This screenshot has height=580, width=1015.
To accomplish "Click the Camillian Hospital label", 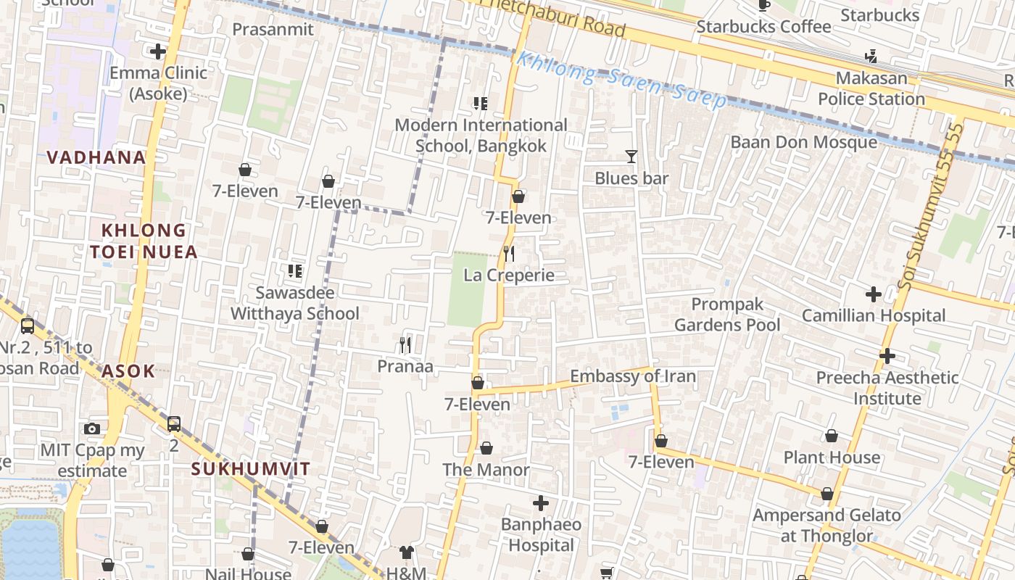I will click(873, 315).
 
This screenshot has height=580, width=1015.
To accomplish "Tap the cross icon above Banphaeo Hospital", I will click(540, 503).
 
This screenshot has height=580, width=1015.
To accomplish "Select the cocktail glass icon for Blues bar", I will click(631, 156).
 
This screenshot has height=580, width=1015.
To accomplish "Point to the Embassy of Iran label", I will click(632, 376).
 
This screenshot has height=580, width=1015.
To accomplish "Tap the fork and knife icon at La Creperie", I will click(509, 254).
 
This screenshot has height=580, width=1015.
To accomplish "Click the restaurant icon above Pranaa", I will click(405, 345).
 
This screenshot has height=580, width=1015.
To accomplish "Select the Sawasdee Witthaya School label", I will click(294, 303).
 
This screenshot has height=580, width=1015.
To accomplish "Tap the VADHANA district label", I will click(96, 157).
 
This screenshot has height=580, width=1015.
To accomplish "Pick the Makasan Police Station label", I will click(871, 88).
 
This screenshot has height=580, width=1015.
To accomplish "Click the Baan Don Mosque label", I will click(803, 142).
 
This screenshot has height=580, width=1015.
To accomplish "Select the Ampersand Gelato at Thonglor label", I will click(826, 526).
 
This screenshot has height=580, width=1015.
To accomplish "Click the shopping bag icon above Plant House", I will click(831, 436).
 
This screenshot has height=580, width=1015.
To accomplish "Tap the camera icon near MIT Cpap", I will click(92, 428).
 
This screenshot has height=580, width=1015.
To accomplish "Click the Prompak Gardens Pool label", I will click(727, 315).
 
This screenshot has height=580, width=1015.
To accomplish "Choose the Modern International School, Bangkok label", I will click(481, 136).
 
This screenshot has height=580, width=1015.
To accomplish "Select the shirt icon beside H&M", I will click(406, 552).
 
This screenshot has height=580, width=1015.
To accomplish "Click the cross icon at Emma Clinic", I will click(157, 51).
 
